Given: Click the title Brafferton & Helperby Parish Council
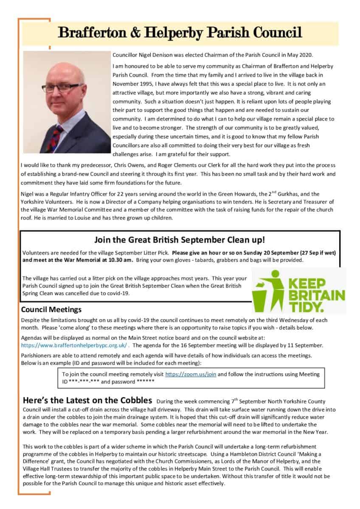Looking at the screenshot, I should coord(180,32).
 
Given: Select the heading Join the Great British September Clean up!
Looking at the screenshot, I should coord(180,240).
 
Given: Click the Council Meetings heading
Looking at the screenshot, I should coord(51,309).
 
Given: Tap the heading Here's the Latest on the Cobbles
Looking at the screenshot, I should coord(87,400).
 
